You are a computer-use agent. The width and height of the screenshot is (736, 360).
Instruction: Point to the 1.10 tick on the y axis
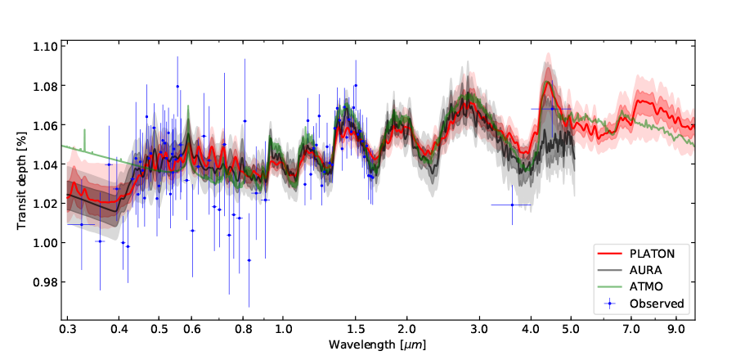click(46, 47)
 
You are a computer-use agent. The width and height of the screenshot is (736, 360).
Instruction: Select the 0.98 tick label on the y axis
click(46, 282)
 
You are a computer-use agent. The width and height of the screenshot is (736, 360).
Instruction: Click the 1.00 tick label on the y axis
click(46, 243)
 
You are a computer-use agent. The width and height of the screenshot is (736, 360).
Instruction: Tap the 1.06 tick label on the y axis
click(46, 125)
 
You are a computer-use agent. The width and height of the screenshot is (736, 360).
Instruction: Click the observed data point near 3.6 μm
click(512, 205)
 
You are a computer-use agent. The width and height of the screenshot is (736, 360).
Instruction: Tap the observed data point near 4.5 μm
click(552, 108)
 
